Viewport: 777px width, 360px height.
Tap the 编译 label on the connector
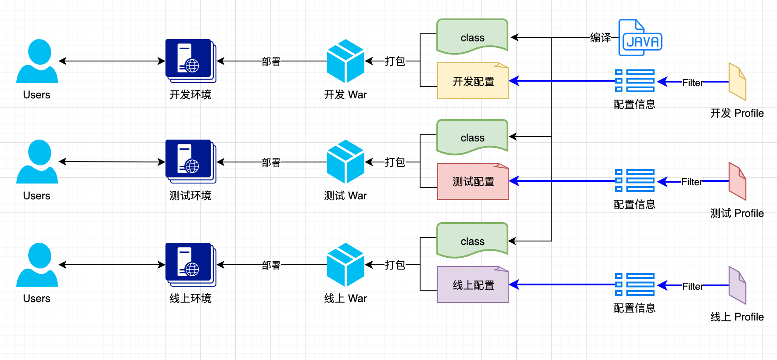[x=601, y=38]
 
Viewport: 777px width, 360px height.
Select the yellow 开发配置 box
[x=473, y=81]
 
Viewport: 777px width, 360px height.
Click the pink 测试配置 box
[x=473, y=181]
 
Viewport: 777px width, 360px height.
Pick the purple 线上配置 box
[x=473, y=285]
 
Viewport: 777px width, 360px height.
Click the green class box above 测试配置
[x=472, y=137]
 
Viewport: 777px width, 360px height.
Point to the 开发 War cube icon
[x=345, y=61]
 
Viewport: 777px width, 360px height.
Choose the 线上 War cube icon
[x=345, y=265]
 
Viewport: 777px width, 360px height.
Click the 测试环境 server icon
[x=191, y=162]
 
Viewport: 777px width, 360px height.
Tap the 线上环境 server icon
[x=191, y=265]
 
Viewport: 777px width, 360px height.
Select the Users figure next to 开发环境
[x=37, y=61]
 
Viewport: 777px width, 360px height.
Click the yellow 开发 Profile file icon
[x=737, y=82]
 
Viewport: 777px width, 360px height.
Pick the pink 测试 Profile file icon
[x=737, y=181]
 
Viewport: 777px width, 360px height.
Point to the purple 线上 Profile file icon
[x=737, y=285]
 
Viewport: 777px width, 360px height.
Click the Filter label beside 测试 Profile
[x=691, y=182]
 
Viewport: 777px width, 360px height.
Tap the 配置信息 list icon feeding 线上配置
[x=635, y=284]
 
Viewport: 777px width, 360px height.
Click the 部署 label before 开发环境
[x=271, y=61]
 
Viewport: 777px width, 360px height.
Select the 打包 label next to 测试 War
[x=395, y=162]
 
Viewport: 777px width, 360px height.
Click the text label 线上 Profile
[x=737, y=317]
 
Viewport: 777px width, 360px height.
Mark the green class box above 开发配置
[x=472, y=37]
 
